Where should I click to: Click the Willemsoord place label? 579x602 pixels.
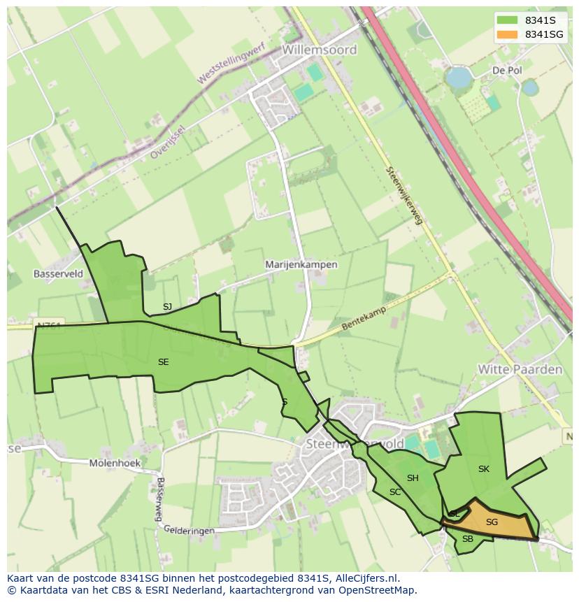[320, 50]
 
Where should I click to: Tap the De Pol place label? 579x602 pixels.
[507, 71]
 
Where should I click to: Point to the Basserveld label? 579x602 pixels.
[58, 273]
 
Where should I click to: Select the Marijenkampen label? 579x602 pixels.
[301, 265]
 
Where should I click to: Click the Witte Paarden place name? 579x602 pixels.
[520, 369]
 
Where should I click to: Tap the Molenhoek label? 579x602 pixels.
[115, 463]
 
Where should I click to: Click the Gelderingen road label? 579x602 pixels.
[189, 531]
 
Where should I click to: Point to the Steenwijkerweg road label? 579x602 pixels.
[405, 196]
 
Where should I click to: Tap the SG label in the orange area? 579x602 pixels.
[492, 522]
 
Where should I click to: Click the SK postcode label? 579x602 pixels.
[483, 469]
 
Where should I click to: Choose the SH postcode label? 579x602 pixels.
[413, 478]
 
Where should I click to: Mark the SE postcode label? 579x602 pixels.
[163, 362]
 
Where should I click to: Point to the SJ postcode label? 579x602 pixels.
[167, 307]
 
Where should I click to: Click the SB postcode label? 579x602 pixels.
[467, 539]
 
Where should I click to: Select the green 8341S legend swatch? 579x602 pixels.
[507, 20]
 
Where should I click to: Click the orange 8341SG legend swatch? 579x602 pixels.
[507, 34]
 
